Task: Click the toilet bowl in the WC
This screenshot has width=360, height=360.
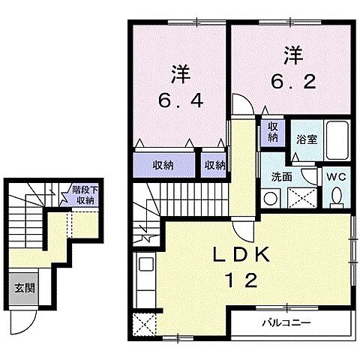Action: click(x=337, y=196)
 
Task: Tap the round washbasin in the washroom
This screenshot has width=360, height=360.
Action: click(x=271, y=198)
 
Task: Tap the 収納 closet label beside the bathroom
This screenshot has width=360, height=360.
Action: click(x=271, y=133)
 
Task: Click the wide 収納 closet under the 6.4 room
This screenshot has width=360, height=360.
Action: click(x=164, y=165)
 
